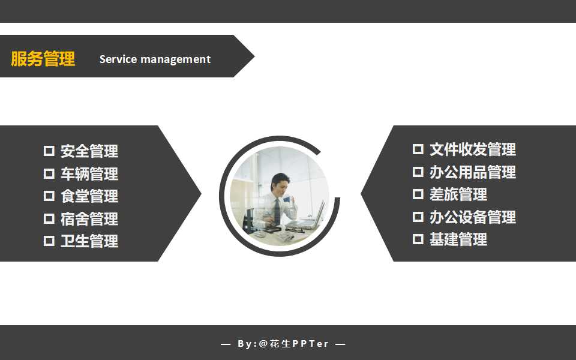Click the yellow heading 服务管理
click(x=43, y=59)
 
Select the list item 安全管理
click(x=89, y=151)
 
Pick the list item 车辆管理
click(x=89, y=174)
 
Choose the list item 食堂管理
click(x=89, y=196)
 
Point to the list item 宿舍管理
click(x=89, y=219)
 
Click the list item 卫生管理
click(x=89, y=241)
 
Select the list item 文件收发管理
click(x=473, y=149)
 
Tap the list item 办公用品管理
click(x=473, y=172)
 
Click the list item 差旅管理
click(x=458, y=194)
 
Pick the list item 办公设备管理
click(x=473, y=217)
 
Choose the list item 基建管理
click(x=458, y=239)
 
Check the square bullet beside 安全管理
click(x=49, y=151)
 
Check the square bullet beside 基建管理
click(x=418, y=239)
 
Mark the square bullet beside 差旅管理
click(x=418, y=194)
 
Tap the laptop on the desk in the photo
click(x=313, y=219)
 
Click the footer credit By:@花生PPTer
click(x=283, y=344)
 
